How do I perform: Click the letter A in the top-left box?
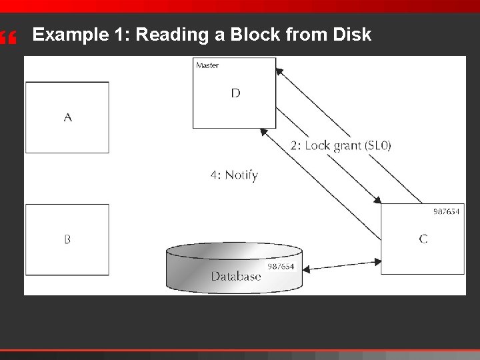tap(68, 118)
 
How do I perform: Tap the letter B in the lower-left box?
tap(67, 239)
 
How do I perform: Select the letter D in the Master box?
tap(235, 93)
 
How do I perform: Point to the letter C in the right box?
tap(423, 239)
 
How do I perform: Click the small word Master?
tap(207, 65)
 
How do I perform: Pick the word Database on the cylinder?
tap(236, 276)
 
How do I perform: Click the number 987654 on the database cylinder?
tap(281, 267)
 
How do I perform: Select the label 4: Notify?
tap(234, 175)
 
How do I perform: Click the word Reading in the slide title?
tap(174, 35)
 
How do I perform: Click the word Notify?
tap(241, 175)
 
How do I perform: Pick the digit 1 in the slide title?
tap(118, 35)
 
